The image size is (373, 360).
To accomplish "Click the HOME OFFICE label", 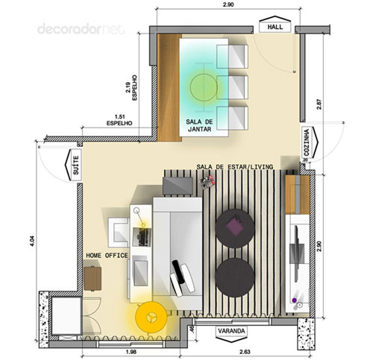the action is pos(107,256).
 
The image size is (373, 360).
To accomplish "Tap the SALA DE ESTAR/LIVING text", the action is pos(235,167).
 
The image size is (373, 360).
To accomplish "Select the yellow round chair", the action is pos(151,318).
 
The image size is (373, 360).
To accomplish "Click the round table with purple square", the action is pos(235,229).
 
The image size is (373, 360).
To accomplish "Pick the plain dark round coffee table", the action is pos(235,277).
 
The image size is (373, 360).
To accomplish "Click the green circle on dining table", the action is pos(204,86).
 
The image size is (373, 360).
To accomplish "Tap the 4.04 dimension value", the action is pos(33,241).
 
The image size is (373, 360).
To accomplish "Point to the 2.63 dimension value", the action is pos(245,352).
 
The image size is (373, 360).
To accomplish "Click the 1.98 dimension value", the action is pos(131,352).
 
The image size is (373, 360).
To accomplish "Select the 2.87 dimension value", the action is pos(319,104).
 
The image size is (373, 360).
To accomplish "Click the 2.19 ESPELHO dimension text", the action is pos(131,88).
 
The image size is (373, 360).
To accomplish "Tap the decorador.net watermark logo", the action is pos(81,29).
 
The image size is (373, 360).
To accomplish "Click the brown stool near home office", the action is pos(93,279).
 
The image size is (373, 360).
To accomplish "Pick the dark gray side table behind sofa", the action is pos(178,186).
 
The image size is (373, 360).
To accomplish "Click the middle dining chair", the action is pos(232,87).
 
